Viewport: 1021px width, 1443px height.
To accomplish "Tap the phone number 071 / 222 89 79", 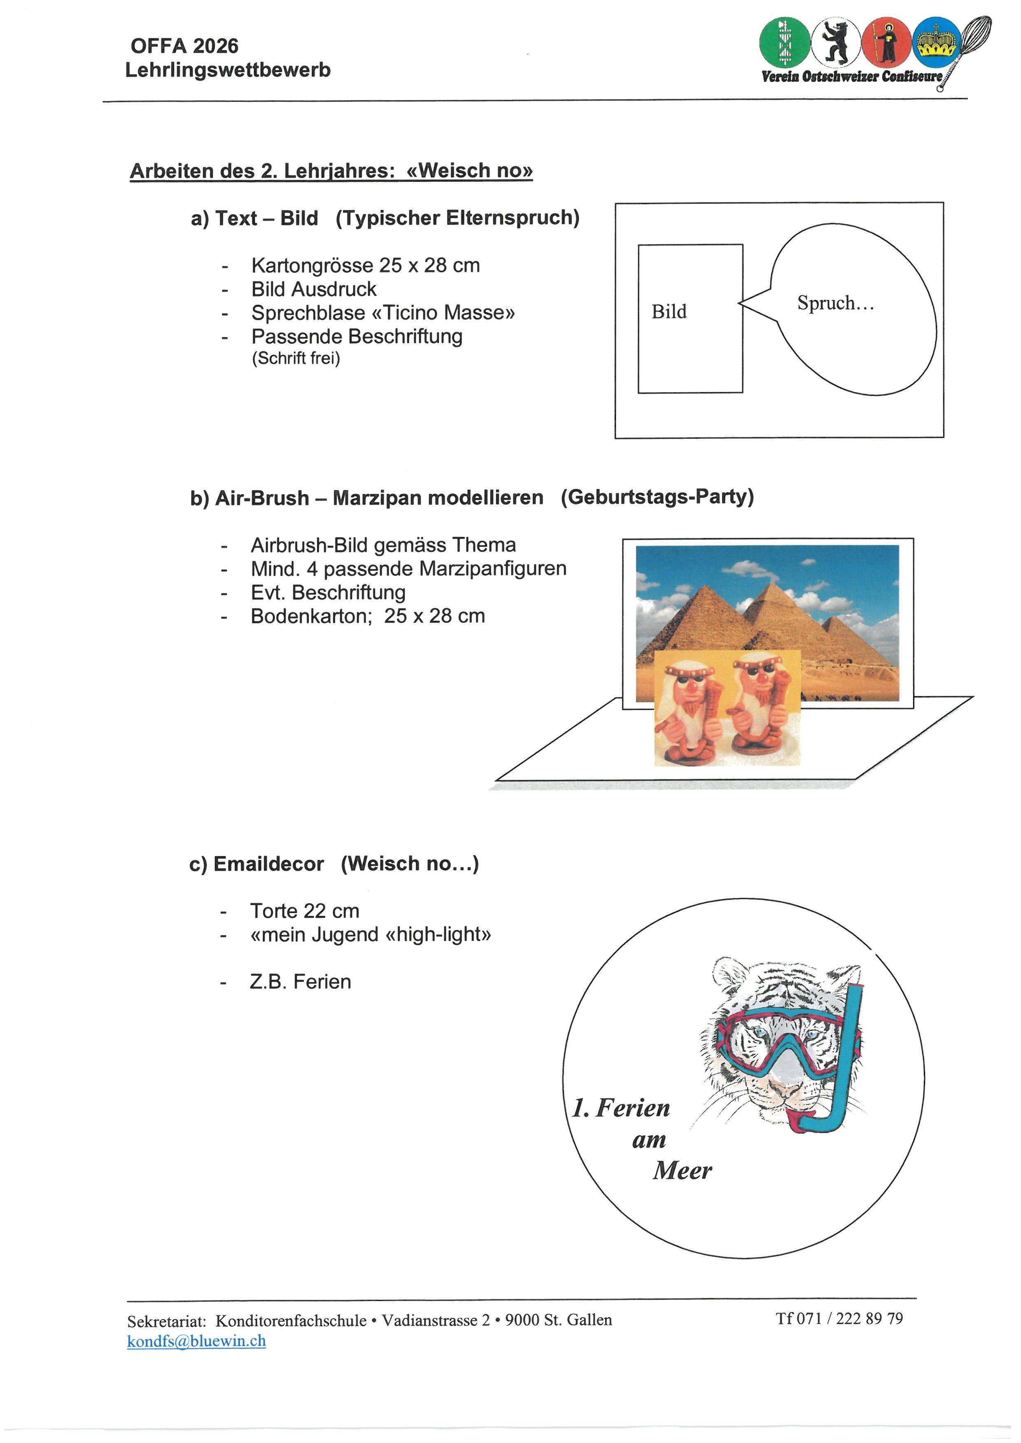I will click(x=849, y=1318).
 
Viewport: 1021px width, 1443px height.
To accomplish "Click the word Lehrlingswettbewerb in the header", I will click(x=228, y=70).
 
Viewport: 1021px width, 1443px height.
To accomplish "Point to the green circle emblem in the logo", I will click(x=783, y=42).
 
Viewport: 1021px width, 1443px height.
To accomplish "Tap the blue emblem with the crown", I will click(x=936, y=42).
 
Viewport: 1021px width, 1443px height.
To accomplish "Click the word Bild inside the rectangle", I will click(x=669, y=312).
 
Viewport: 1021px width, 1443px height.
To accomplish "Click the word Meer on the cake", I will click(x=682, y=1170).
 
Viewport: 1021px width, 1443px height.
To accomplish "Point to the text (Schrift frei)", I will click(x=296, y=358).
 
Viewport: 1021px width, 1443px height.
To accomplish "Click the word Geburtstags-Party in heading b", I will click(x=657, y=497).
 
